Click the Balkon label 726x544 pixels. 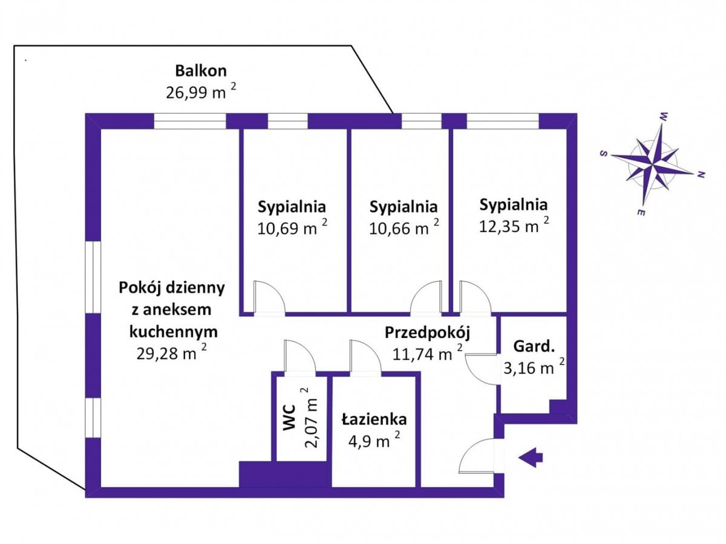(x=201, y=71)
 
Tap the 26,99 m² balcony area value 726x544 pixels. (x=200, y=92)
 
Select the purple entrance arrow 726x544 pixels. (x=531, y=458)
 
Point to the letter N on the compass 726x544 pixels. (x=701, y=175)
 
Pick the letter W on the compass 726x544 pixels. (x=664, y=115)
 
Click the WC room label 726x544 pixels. (x=289, y=417)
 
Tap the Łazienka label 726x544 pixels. (x=373, y=419)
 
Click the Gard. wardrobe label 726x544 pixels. (x=534, y=347)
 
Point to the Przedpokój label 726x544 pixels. (x=428, y=332)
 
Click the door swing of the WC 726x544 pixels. (x=299, y=356)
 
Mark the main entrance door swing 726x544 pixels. (x=478, y=457)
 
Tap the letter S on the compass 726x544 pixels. (x=603, y=153)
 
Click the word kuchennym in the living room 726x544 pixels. (x=173, y=331)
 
